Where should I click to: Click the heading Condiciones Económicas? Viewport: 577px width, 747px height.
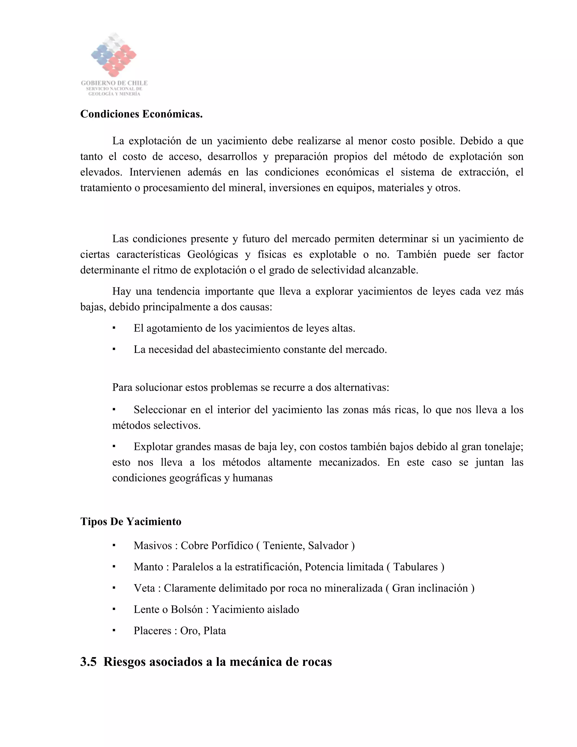pyautogui.click(x=141, y=114)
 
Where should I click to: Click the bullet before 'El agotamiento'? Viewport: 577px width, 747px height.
pyautogui.click(x=114, y=328)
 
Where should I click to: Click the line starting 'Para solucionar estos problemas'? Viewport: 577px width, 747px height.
pyautogui.click(x=250, y=388)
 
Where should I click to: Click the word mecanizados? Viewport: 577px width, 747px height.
pyautogui.click(x=349, y=462)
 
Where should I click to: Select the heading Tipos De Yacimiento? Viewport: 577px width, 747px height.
pyautogui.click(x=130, y=521)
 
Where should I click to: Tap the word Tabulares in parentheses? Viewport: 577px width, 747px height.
pyautogui.click(x=415, y=567)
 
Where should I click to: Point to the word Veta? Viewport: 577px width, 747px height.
pyautogui.click(x=144, y=588)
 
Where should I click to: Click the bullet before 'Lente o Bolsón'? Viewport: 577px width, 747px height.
pyautogui.click(x=114, y=609)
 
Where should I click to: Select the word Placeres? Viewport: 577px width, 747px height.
pyautogui.click(x=152, y=631)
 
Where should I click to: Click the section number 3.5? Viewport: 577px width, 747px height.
pyautogui.click(x=88, y=662)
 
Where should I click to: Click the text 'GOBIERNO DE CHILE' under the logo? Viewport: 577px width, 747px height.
pyautogui.click(x=114, y=83)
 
